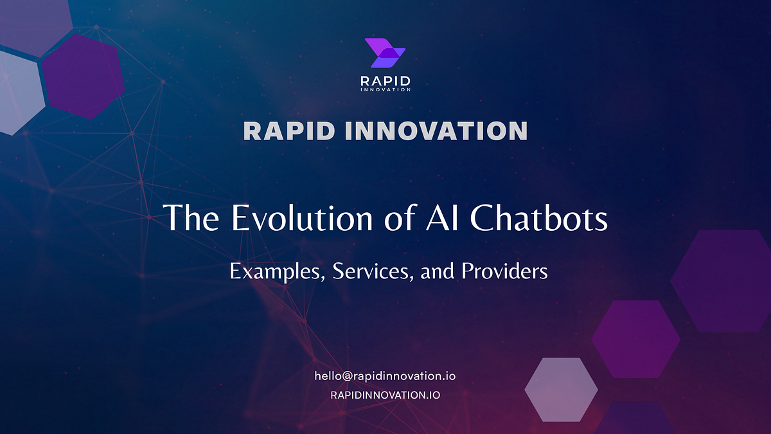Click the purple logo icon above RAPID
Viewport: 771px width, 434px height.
pos(385,53)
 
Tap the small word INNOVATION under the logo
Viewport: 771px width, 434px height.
pos(385,89)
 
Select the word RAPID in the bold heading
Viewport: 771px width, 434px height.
pos(288,131)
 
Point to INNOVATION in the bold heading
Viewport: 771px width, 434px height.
pos(436,131)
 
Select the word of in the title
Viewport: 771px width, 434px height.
pos(396,219)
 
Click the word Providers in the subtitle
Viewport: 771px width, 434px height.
pos(504,272)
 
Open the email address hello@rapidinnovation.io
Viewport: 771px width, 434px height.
pos(385,376)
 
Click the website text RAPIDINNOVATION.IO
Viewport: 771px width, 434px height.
pos(385,395)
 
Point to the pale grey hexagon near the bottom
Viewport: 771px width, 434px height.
pos(561,390)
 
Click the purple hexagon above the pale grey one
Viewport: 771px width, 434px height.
pos(635,339)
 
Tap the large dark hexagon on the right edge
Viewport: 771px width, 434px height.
pos(723,281)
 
